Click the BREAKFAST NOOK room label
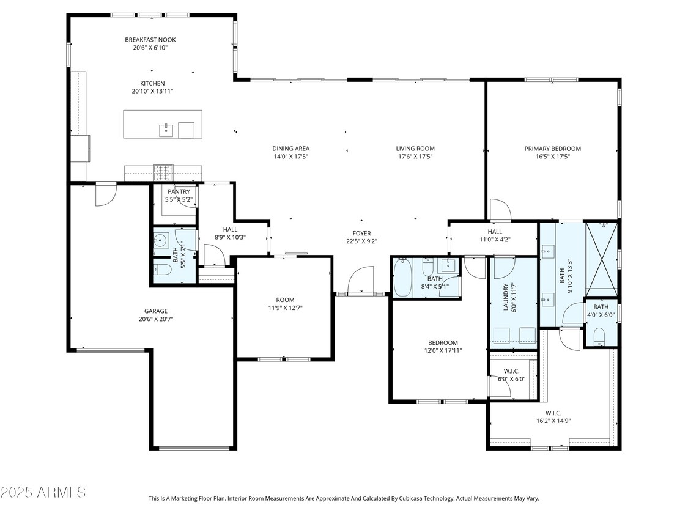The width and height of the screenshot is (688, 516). click(150, 40)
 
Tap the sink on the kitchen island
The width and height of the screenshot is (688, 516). click(166, 130)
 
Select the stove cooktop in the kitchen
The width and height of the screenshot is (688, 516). click(163, 173)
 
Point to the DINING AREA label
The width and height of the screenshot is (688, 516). click(290, 149)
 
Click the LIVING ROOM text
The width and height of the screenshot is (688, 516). click(415, 149)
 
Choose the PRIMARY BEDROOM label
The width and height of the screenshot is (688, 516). click(552, 149)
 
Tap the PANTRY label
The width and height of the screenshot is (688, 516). click(179, 192)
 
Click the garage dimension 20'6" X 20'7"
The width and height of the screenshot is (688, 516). click(152, 319)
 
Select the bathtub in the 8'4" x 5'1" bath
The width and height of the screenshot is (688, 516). click(404, 278)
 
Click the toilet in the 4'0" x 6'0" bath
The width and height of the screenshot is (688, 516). click(599, 336)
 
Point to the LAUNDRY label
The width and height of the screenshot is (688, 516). click(506, 297)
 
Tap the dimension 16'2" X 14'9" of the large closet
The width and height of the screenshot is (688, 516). click(549, 421)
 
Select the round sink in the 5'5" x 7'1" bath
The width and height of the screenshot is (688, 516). click(161, 240)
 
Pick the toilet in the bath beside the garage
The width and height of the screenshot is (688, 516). click(161, 270)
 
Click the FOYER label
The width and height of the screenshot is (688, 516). click(361, 233)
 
